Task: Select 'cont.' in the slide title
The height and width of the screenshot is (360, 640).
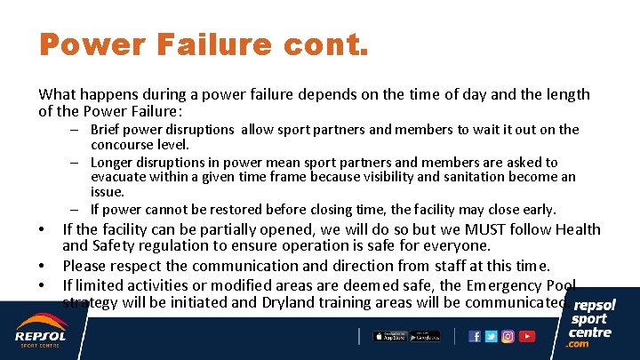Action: tap(335, 45)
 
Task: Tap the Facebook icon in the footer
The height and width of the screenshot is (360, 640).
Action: tap(475, 336)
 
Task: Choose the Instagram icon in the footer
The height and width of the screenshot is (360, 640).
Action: tap(508, 336)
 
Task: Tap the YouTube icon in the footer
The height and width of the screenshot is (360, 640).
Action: tap(527, 336)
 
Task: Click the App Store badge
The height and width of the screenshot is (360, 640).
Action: tap(389, 336)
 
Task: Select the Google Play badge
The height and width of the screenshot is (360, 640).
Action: tap(425, 336)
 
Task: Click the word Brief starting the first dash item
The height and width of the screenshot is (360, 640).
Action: tap(108, 130)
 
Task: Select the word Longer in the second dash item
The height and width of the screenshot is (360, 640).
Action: tap(111, 163)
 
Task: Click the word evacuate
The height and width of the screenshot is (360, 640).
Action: tap(119, 177)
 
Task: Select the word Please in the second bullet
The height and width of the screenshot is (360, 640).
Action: tap(84, 266)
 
